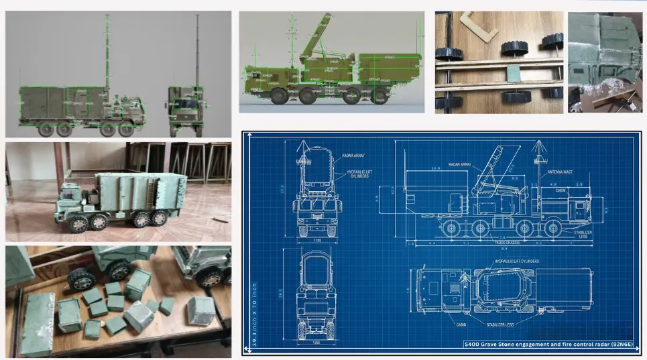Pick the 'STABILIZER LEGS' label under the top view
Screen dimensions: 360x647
point(517,329)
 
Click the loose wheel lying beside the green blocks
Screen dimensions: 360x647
point(80,278)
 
